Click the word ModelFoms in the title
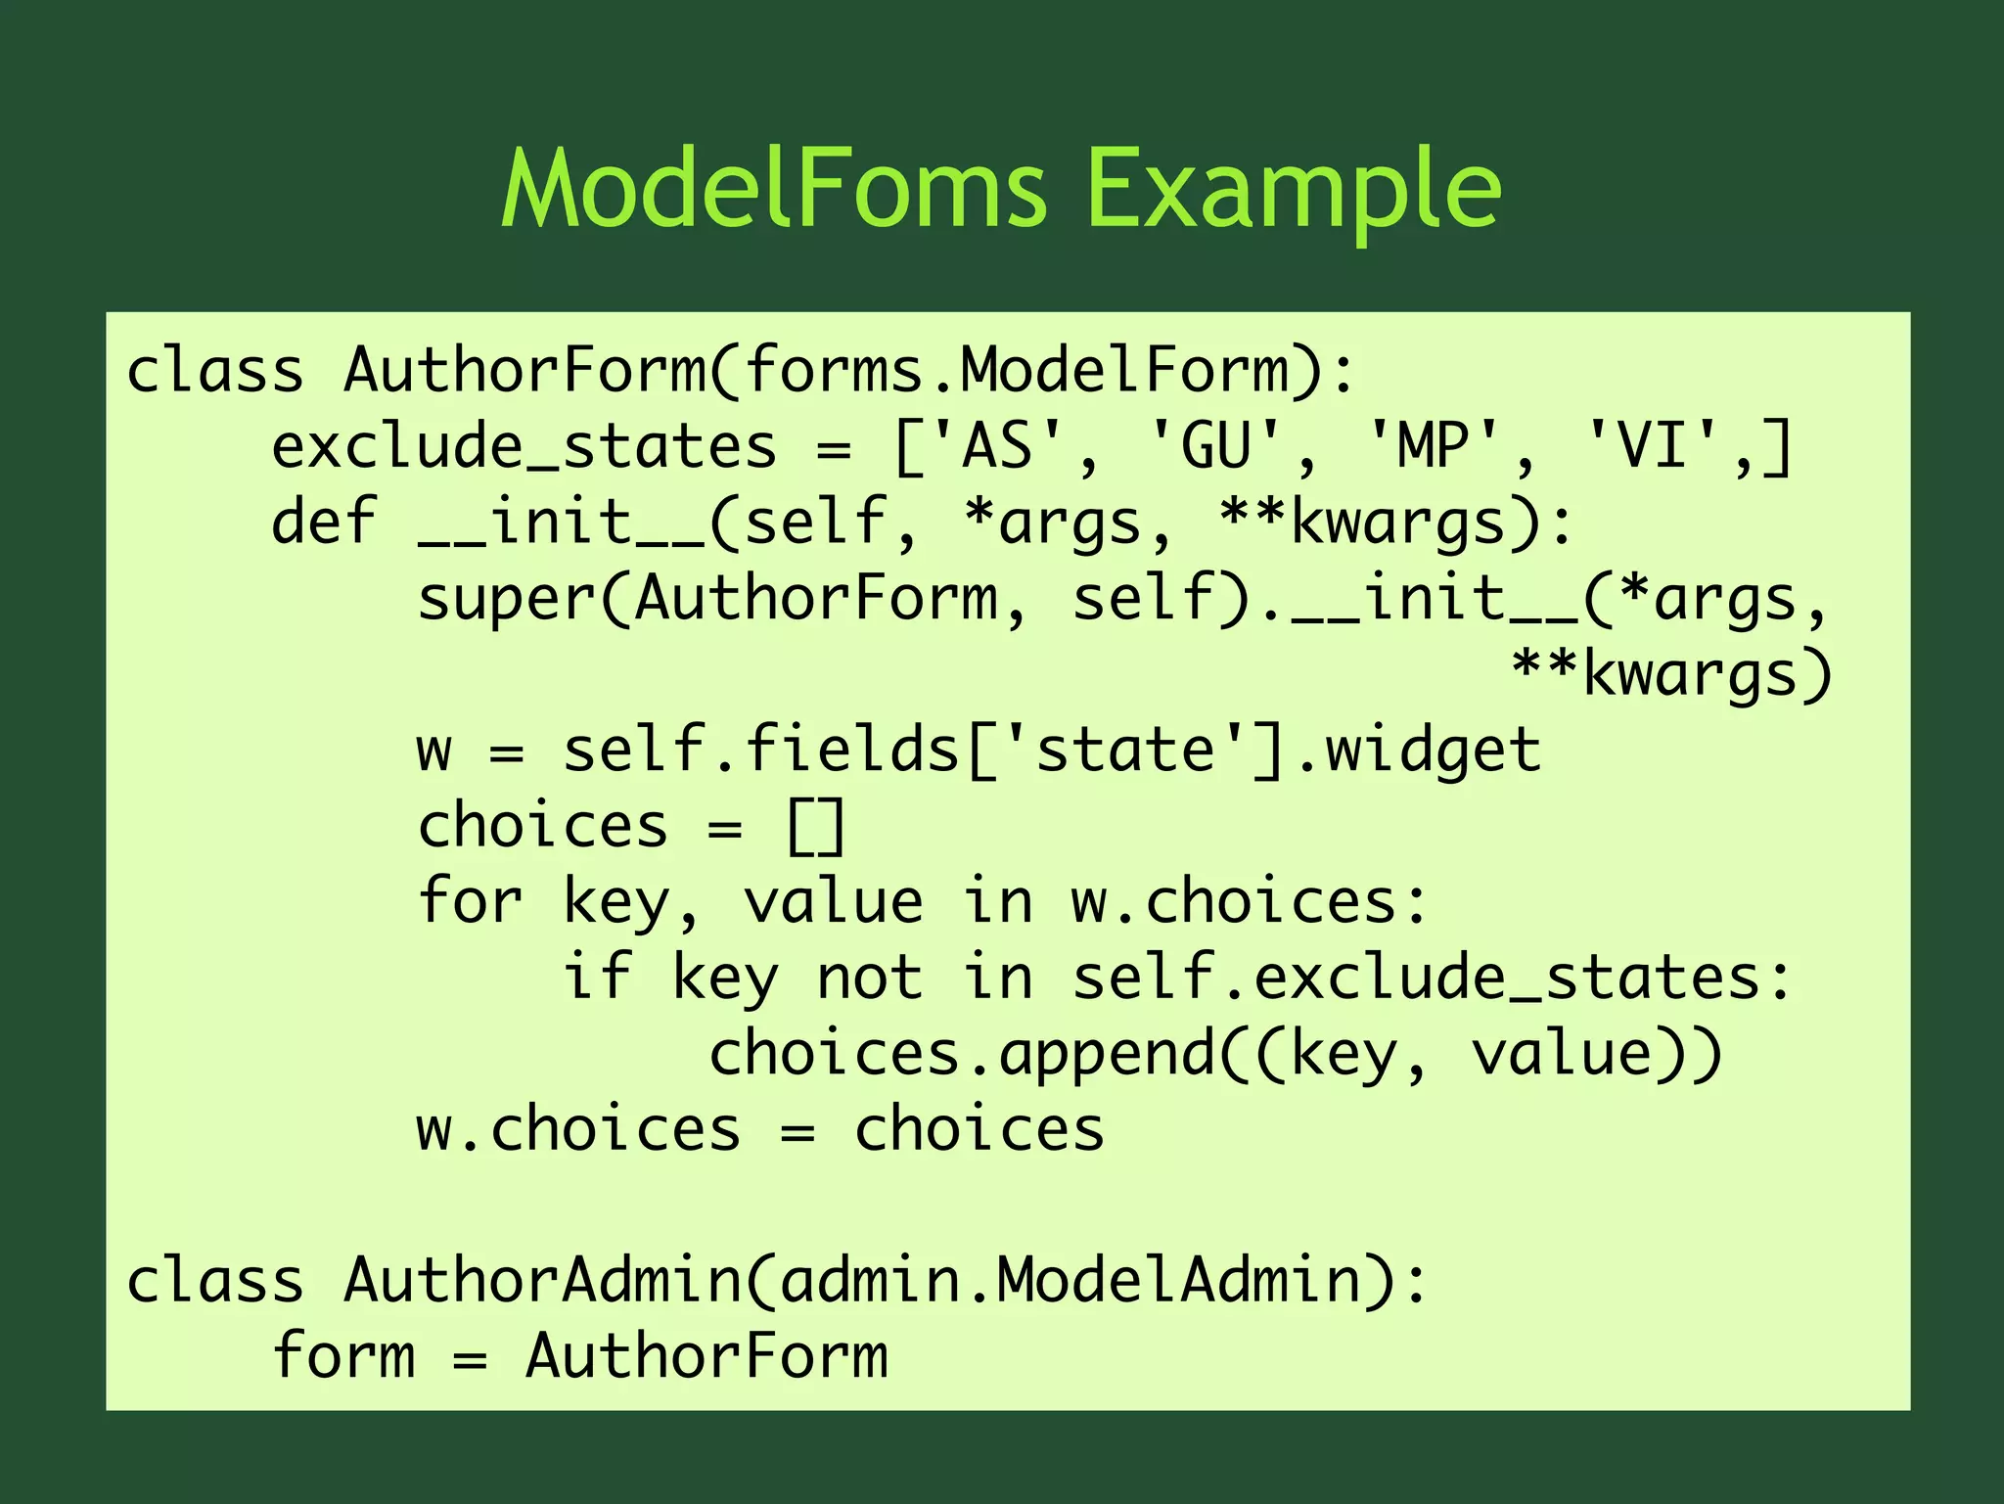pyautogui.click(x=773, y=188)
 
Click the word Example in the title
pyautogui.click(x=1293, y=188)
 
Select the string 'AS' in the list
pyautogui.click(x=997, y=446)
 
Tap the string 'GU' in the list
pyautogui.click(x=1215, y=446)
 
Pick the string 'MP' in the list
pyautogui.click(x=1434, y=446)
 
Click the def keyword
pyautogui.click(x=324, y=521)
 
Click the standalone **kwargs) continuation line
pyautogui.click(x=1671, y=674)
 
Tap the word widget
pyautogui.click(x=1433, y=750)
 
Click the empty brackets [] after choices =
pyautogui.click(x=815, y=826)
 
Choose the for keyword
pyautogui.click(x=470, y=901)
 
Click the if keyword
pyautogui.click(x=596, y=977)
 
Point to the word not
pyautogui.click(x=869, y=977)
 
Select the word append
pyautogui.click(x=1106, y=1054)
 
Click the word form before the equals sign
pyautogui.click(x=343, y=1356)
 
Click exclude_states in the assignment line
pyautogui.click(x=524, y=446)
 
